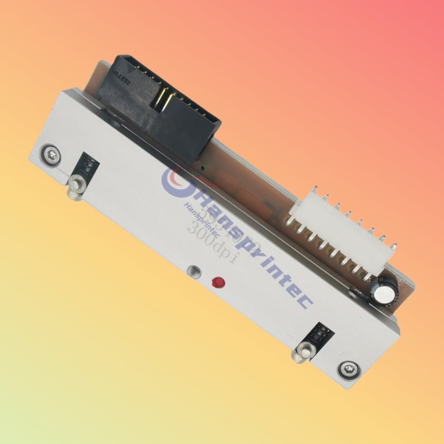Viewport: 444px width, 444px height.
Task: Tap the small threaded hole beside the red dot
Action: (x=194, y=271)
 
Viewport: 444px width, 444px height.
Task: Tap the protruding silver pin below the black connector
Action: (x=74, y=187)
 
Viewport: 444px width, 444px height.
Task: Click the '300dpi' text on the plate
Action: (x=212, y=246)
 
